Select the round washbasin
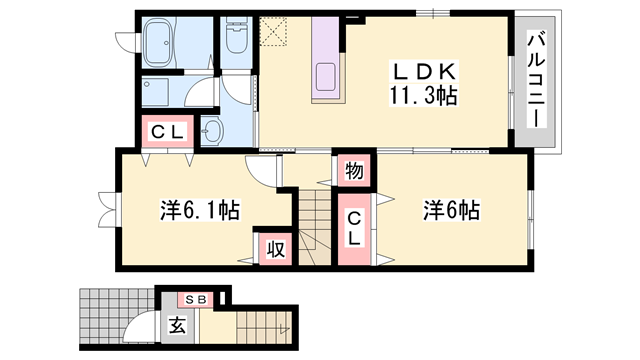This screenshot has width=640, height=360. (x=213, y=131)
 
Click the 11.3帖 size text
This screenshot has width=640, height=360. (x=423, y=97)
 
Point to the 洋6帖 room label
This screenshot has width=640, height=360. (x=451, y=210)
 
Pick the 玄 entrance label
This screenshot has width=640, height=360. (x=177, y=325)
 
